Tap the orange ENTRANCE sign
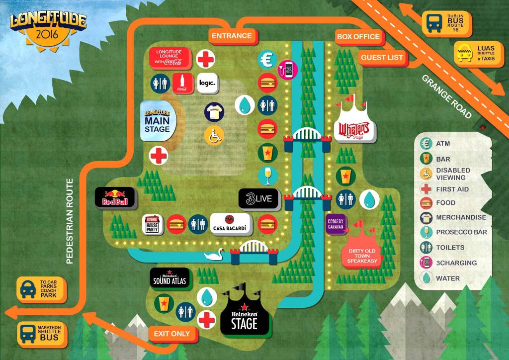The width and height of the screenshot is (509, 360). tap(232, 36)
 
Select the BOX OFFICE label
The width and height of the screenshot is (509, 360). tap(358, 36)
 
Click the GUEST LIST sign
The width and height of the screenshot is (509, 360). tap(382, 58)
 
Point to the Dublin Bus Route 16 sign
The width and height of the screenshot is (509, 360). tap(447, 23)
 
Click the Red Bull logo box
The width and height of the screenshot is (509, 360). tap(115, 197)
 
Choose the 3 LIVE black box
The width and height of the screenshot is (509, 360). tap(257, 199)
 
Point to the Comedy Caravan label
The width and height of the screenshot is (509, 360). tap(337, 223)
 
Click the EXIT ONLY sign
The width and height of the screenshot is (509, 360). tap(172, 334)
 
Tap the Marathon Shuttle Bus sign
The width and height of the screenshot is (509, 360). tap(41, 333)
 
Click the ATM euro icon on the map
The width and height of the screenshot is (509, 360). tap(267, 59)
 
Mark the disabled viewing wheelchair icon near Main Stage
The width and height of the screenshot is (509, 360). tap(214, 135)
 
